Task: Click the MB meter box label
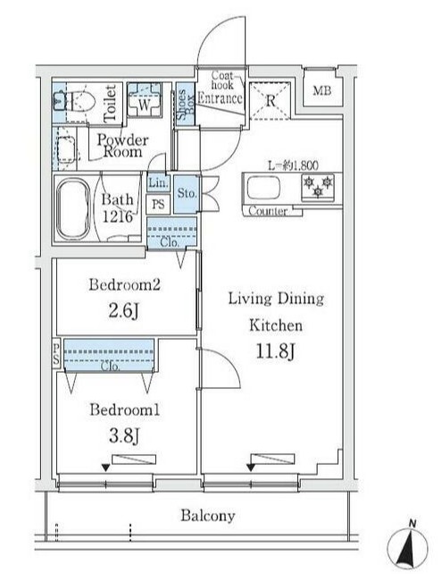tap(322, 90)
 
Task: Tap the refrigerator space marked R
tap(270, 100)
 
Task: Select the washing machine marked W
tap(144, 99)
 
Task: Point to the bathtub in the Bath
tap(73, 208)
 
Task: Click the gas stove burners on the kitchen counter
tap(318, 186)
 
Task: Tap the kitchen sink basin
tap(263, 188)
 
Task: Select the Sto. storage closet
tap(187, 194)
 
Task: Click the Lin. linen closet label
tap(158, 181)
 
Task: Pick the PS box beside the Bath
tap(158, 204)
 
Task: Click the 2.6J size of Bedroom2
tap(123, 311)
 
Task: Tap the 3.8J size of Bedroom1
tap(124, 435)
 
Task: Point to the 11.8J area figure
tap(275, 351)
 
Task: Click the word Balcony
tap(208, 516)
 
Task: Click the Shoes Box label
tap(186, 105)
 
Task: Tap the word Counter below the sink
tap(268, 211)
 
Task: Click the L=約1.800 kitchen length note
tap(293, 165)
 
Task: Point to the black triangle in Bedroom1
tap(105, 468)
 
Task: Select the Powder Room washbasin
tap(66, 149)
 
